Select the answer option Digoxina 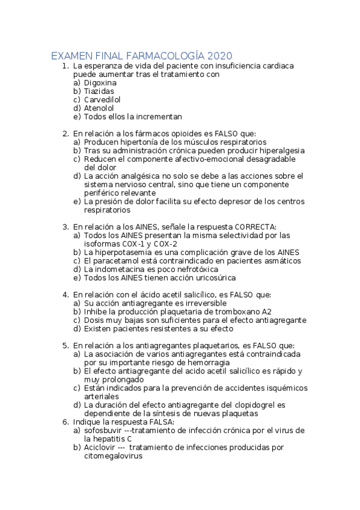pos(100,82)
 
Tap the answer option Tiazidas pos(99,91)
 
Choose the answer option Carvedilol pos(102,99)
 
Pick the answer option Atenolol pos(99,108)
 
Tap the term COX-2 pos(165,244)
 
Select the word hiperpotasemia pos(125,252)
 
